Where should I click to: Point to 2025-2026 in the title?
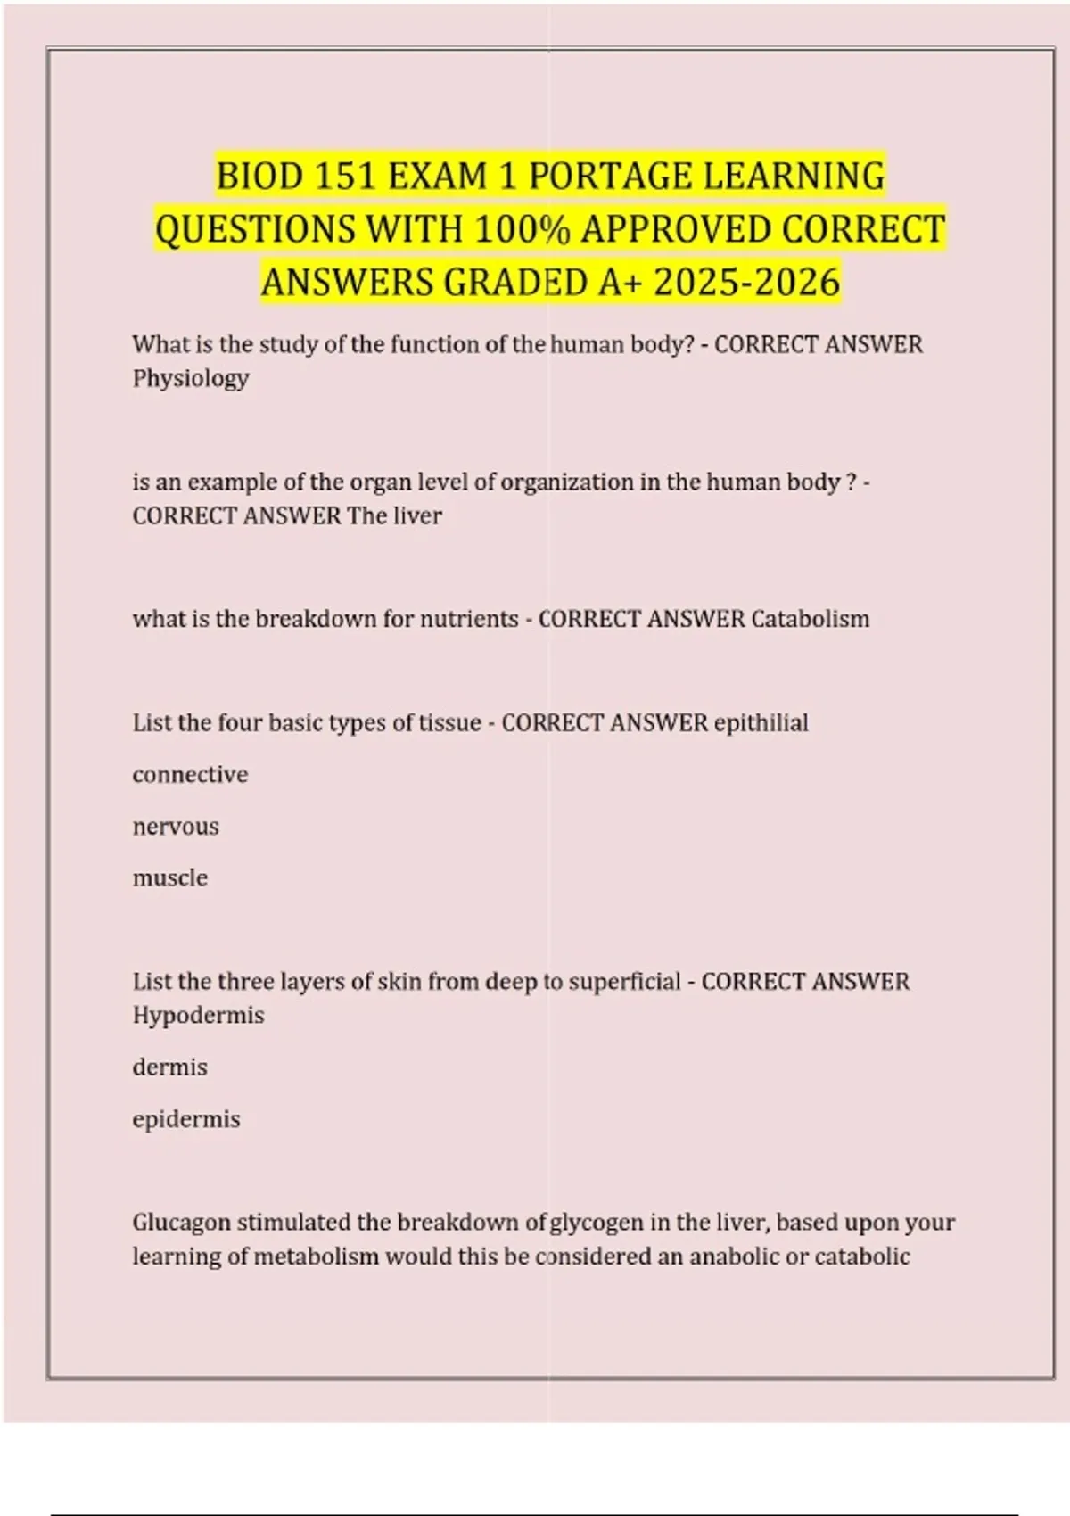click(x=747, y=283)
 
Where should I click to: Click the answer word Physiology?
click(x=191, y=378)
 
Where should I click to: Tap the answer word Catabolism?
click(x=810, y=619)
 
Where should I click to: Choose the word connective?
click(x=190, y=774)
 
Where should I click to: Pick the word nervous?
click(x=176, y=827)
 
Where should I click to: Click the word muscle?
click(x=170, y=878)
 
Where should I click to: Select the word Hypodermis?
click(x=198, y=1015)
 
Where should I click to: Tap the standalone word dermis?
click(x=169, y=1067)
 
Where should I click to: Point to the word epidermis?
click(x=186, y=1119)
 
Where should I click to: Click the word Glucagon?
click(x=181, y=1222)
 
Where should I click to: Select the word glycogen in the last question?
click(x=596, y=1222)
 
